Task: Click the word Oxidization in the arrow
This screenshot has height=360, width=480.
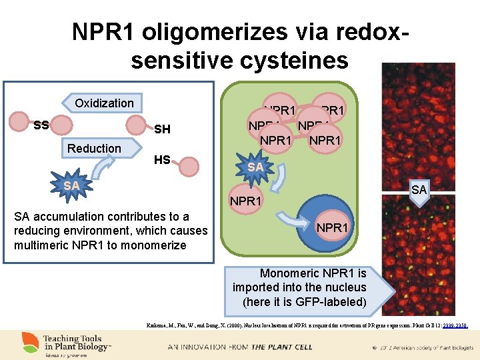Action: click(104, 103)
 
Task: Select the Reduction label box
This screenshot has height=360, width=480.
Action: click(94, 148)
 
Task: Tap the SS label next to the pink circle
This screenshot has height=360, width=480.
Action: click(41, 125)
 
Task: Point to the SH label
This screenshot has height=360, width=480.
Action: click(162, 129)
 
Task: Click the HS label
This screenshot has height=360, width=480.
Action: click(161, 160)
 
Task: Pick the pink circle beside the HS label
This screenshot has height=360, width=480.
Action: click(189, 167)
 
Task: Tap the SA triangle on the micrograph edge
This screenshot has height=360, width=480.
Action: click(419, 191)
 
